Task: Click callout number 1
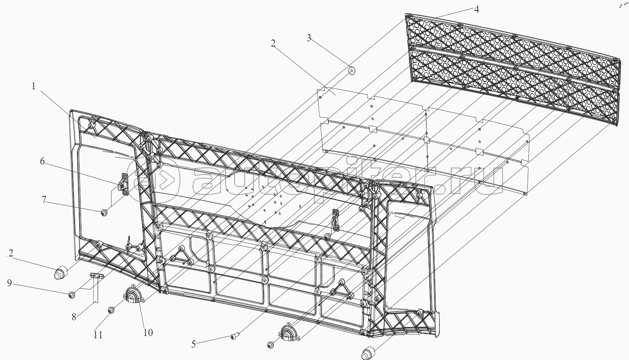(33, 86)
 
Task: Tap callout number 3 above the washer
(309, 38)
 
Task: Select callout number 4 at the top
(476, 9)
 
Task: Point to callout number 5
(194, 344)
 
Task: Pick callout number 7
(44, 200)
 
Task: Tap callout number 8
(74, 317)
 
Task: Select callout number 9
(9, 283)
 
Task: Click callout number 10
(148, 333)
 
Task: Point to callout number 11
(98, 335)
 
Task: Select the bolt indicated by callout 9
(72, 295)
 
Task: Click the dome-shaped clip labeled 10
(133, 294)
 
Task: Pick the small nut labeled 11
(111, 310)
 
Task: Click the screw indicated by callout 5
(235, 336)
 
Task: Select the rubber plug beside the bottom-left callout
(61, 272)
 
